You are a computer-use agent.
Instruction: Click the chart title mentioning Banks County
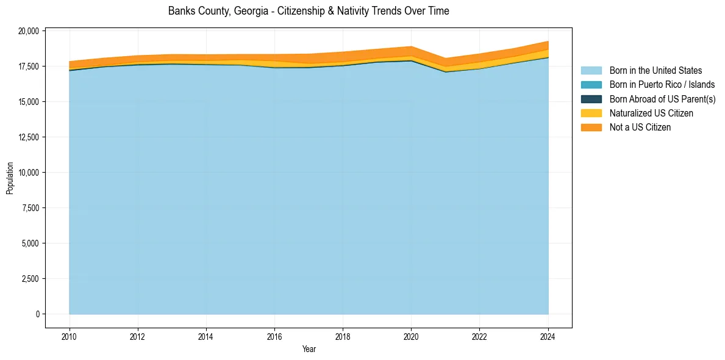[x=309, y=11]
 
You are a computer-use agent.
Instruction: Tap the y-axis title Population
[x=10, y=178]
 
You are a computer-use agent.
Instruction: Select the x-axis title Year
[x=309, y=349]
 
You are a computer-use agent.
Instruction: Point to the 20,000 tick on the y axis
[x=29, y=31]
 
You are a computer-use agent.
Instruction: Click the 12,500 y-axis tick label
[x=29, y=137]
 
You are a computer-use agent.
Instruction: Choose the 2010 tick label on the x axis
[x=70, y=336]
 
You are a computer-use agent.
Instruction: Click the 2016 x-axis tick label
[x=274, y=336]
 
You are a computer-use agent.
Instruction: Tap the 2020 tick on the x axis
[x=411, y=336]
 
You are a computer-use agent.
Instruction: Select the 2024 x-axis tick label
[x=548, y=336]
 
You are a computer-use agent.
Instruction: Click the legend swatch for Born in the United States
[x=591, y=71]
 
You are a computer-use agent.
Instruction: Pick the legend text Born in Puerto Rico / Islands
[x=662, y=85]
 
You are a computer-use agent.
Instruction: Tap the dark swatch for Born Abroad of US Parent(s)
[x=591, y=99]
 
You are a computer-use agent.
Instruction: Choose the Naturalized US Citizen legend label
[x=651, y=113]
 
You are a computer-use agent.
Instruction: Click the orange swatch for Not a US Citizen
[x=591, y=127]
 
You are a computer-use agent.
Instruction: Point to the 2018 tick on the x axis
[x=343, y=336]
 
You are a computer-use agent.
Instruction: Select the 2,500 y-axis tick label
[x=30, y=279]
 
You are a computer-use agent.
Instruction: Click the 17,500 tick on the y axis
[x=29, y=66]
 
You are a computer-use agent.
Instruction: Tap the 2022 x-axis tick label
[x=480, y=336]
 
